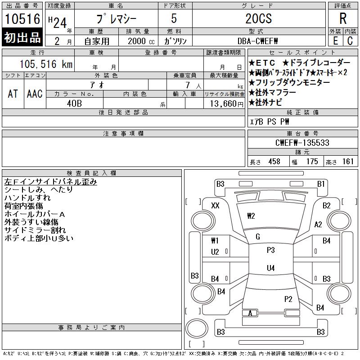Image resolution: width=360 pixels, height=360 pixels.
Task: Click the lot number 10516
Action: [22, 19]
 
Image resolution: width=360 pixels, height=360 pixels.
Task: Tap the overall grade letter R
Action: [343, 18]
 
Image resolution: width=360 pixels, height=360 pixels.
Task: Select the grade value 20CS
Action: [258, 18]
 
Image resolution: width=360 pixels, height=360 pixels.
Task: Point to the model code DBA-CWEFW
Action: [257, 41]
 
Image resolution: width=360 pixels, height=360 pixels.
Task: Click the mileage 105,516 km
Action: [46, 64]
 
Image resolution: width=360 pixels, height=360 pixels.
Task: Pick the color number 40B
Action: [74, 103]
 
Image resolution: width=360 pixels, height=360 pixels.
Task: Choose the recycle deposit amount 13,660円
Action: [227, 104]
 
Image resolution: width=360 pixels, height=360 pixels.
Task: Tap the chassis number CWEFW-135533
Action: [302, 143]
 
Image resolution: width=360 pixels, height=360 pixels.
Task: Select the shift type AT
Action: [13, 94]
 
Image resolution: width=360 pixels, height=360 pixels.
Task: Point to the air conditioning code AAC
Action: [35, 94]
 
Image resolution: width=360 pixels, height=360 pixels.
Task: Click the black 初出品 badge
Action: [22, 37]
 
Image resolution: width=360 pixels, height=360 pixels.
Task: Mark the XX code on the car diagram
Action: [215, 206]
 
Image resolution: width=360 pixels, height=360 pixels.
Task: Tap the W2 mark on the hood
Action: [251, 216]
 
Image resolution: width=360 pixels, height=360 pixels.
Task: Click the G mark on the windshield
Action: [258, 237]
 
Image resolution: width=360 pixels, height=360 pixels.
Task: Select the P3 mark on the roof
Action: [271, 250]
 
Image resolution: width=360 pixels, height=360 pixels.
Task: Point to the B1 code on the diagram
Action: [321, 184]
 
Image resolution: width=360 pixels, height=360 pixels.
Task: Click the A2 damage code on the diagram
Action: [318, 224]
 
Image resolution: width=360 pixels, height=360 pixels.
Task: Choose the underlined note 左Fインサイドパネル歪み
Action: [51, 182]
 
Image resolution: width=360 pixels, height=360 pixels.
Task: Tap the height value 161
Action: [348, 162]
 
